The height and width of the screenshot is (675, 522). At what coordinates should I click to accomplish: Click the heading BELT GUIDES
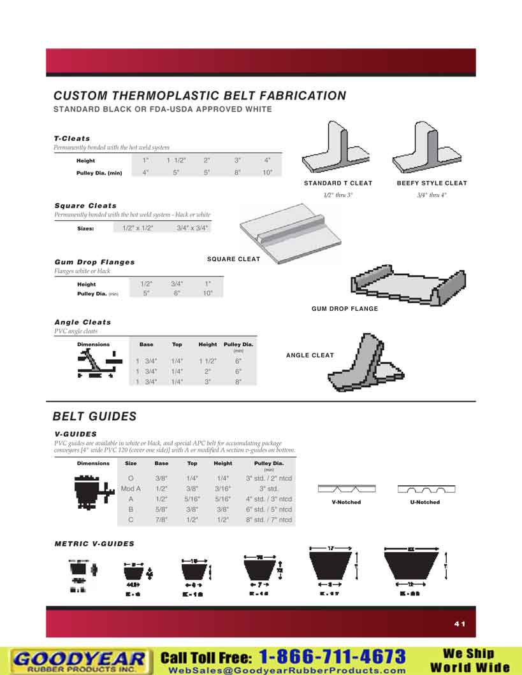pos(94,416)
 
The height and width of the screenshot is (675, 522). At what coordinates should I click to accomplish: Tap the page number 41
pos(460,624)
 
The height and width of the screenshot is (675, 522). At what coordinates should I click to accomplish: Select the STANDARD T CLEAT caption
pos(338,183)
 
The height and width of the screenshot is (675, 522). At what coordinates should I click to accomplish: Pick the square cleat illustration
pos(290,232)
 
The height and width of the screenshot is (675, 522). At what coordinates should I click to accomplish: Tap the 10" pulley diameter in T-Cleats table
pos(268,173)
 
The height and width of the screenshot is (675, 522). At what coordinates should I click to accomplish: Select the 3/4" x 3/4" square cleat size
pos(192,227)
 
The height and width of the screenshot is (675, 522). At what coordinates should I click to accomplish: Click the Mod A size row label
pos(131,488)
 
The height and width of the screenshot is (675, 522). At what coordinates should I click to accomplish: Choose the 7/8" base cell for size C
pos(161,520)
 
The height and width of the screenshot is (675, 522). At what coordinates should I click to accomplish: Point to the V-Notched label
pos(346,502)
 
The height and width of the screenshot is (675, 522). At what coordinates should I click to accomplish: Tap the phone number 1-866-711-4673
pos(332,657)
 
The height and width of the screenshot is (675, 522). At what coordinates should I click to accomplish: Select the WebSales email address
pos(287,670)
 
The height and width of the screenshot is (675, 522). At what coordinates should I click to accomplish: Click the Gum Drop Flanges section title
pos(94,262)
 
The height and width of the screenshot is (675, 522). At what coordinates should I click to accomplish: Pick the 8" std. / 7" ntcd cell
pos(269,520)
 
